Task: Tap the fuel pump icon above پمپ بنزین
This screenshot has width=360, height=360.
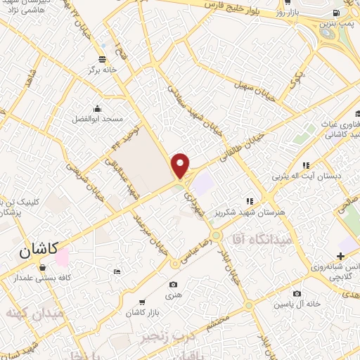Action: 338,12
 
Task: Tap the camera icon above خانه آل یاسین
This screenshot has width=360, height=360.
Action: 297,294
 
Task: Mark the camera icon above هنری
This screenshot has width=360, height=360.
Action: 174,285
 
